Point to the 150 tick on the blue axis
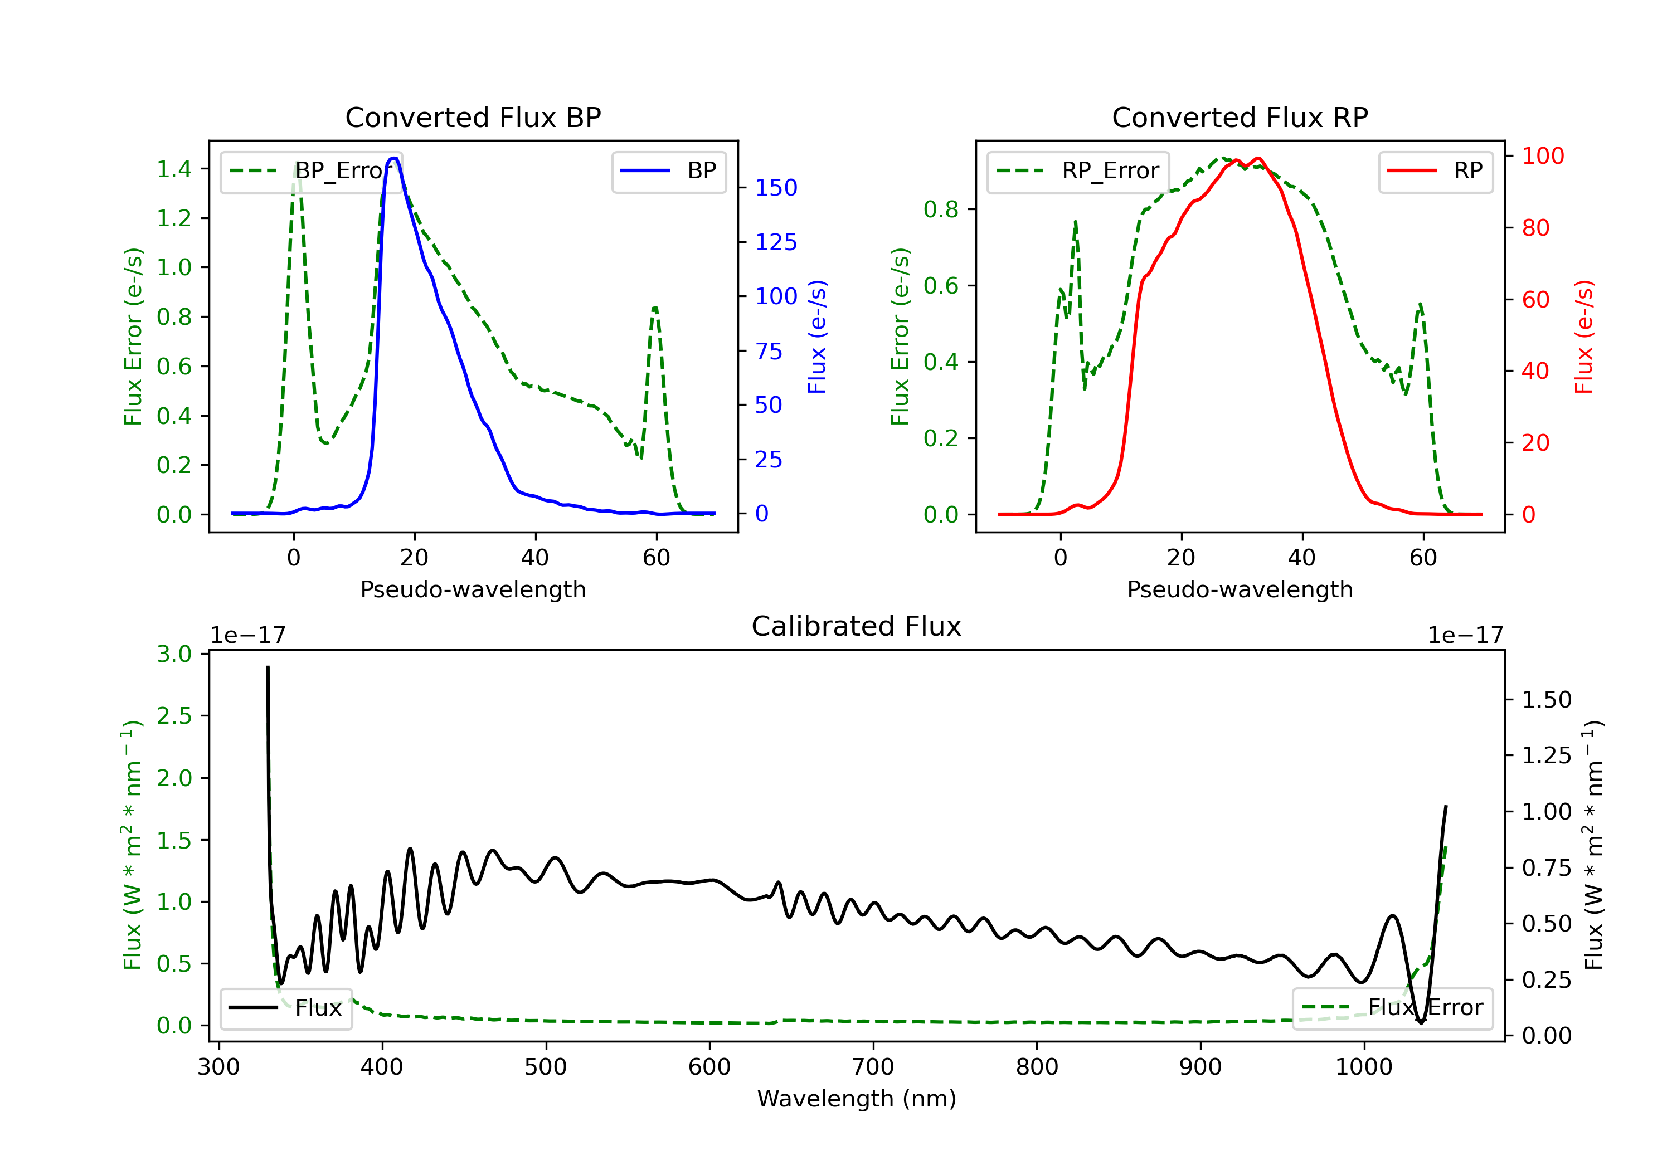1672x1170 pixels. [x=776, y=188]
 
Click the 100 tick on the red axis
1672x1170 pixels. [x=1542, y=156]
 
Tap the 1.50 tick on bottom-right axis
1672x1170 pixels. [x=1547, y=700]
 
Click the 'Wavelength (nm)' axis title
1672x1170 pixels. [x=857, y=1099]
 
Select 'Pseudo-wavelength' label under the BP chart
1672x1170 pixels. [x=473, y=589]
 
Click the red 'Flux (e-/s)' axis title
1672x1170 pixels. [x=1584, y=337]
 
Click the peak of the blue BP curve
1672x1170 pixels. [x=394, y=158]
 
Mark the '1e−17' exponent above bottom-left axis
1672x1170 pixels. [x=247, y=636]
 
